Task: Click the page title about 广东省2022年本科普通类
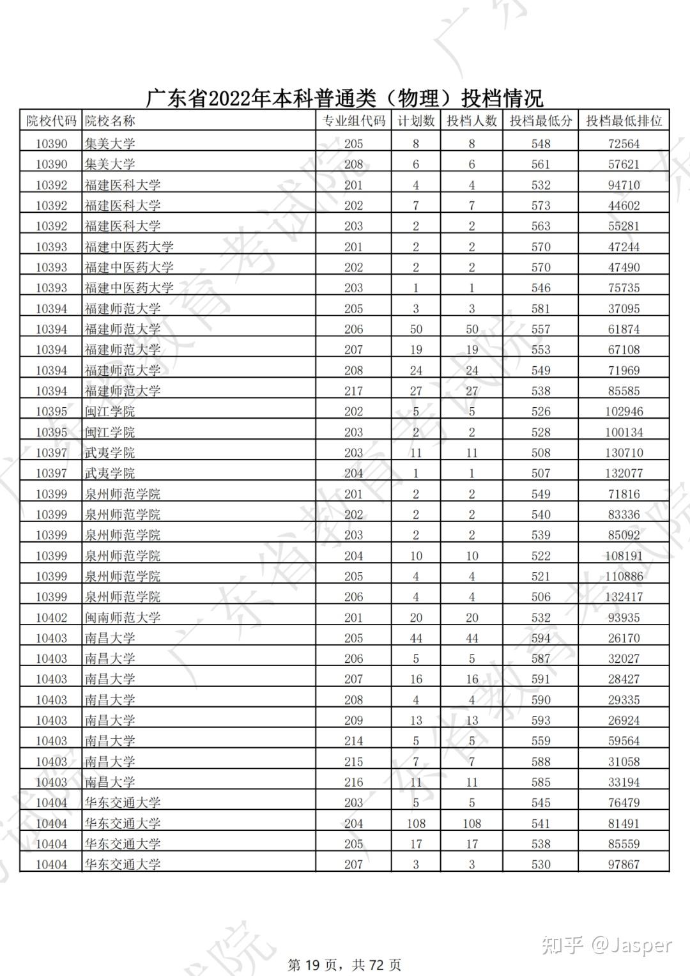(344, 98)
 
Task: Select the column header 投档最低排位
(624, 121)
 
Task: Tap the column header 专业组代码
(353, 121)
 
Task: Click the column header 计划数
(416, 121)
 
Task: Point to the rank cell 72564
(624, 144)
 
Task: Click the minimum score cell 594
(540, 638)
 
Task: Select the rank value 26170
(624, 638)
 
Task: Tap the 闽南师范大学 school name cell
(123, 617)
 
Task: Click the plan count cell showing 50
(416, 329)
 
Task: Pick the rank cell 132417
(624, 597)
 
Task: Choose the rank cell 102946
(624, 412)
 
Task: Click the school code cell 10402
(51, 617)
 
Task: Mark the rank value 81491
(624, 823)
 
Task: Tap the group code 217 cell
(353, 391)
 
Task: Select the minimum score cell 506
(540, 597)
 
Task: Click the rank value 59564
(624, 741)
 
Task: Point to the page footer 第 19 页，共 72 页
(344, 964)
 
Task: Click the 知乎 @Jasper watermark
(606, 945)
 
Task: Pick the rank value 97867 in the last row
(624, 864)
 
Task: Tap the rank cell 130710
(624, 453)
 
